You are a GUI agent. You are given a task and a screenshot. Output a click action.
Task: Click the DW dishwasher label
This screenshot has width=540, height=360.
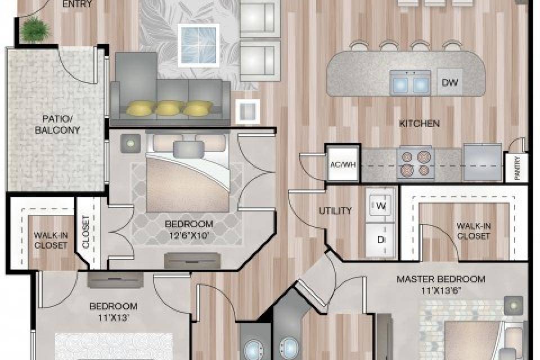(450, 82)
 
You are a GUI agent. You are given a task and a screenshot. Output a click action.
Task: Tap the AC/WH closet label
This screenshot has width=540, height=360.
(343, 165)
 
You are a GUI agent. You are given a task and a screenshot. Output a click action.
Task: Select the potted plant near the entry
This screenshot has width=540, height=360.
(35, 29)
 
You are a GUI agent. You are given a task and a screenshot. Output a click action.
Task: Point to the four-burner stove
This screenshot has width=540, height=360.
(415, 163)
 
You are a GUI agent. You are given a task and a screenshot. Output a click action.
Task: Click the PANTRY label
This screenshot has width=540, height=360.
(516, 168)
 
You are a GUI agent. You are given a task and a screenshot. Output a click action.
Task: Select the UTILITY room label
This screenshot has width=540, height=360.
(335, 211)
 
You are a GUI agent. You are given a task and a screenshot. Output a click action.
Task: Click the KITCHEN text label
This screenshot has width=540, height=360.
(419, 124)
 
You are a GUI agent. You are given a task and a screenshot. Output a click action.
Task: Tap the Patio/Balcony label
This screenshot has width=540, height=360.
(57, 124)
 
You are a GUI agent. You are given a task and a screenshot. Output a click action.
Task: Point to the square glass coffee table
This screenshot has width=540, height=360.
(199, 45)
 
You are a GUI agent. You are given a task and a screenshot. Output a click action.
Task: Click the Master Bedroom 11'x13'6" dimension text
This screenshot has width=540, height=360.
(441, 290)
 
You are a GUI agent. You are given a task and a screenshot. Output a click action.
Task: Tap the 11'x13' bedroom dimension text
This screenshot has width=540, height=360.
(113, 317)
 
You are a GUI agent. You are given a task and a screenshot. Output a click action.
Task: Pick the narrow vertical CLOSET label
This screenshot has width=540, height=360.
(85, 232)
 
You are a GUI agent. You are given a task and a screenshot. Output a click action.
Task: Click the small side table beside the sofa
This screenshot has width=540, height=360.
(247, 111)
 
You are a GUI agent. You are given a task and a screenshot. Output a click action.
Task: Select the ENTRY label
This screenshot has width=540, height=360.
(78, 4)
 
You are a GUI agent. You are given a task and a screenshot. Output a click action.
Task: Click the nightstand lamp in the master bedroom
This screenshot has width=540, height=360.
(514, 305)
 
